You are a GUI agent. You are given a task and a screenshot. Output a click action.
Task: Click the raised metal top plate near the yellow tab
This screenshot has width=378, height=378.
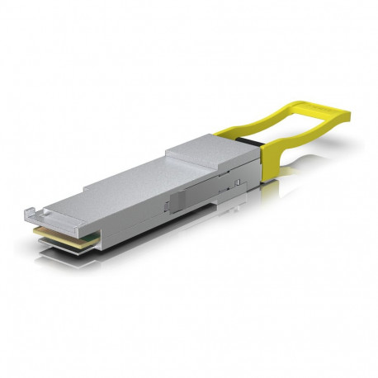(x=202, y=153)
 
